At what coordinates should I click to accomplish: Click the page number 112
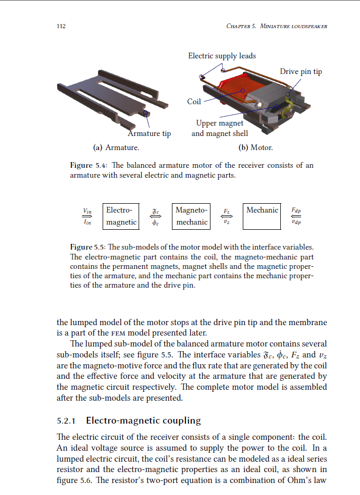pos(60,27)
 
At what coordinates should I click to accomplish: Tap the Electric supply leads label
pos(222,56)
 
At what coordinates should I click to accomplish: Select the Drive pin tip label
pos(301,72)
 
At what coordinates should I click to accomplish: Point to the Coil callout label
pos(194,102)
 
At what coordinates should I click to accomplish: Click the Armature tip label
pos(150,134)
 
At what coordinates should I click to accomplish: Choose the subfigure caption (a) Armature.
pos(116,147)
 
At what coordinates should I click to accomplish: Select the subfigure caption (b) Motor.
pos(255,147)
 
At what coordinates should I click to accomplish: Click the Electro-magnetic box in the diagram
pos(121,216)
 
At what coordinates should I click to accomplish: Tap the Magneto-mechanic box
pos(191,216)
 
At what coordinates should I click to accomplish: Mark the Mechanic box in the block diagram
pos(262,216)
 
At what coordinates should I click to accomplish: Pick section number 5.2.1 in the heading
pos(66,420)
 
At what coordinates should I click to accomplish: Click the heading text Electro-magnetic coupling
pos(143,420)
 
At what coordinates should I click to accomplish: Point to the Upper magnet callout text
pos(219,123)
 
